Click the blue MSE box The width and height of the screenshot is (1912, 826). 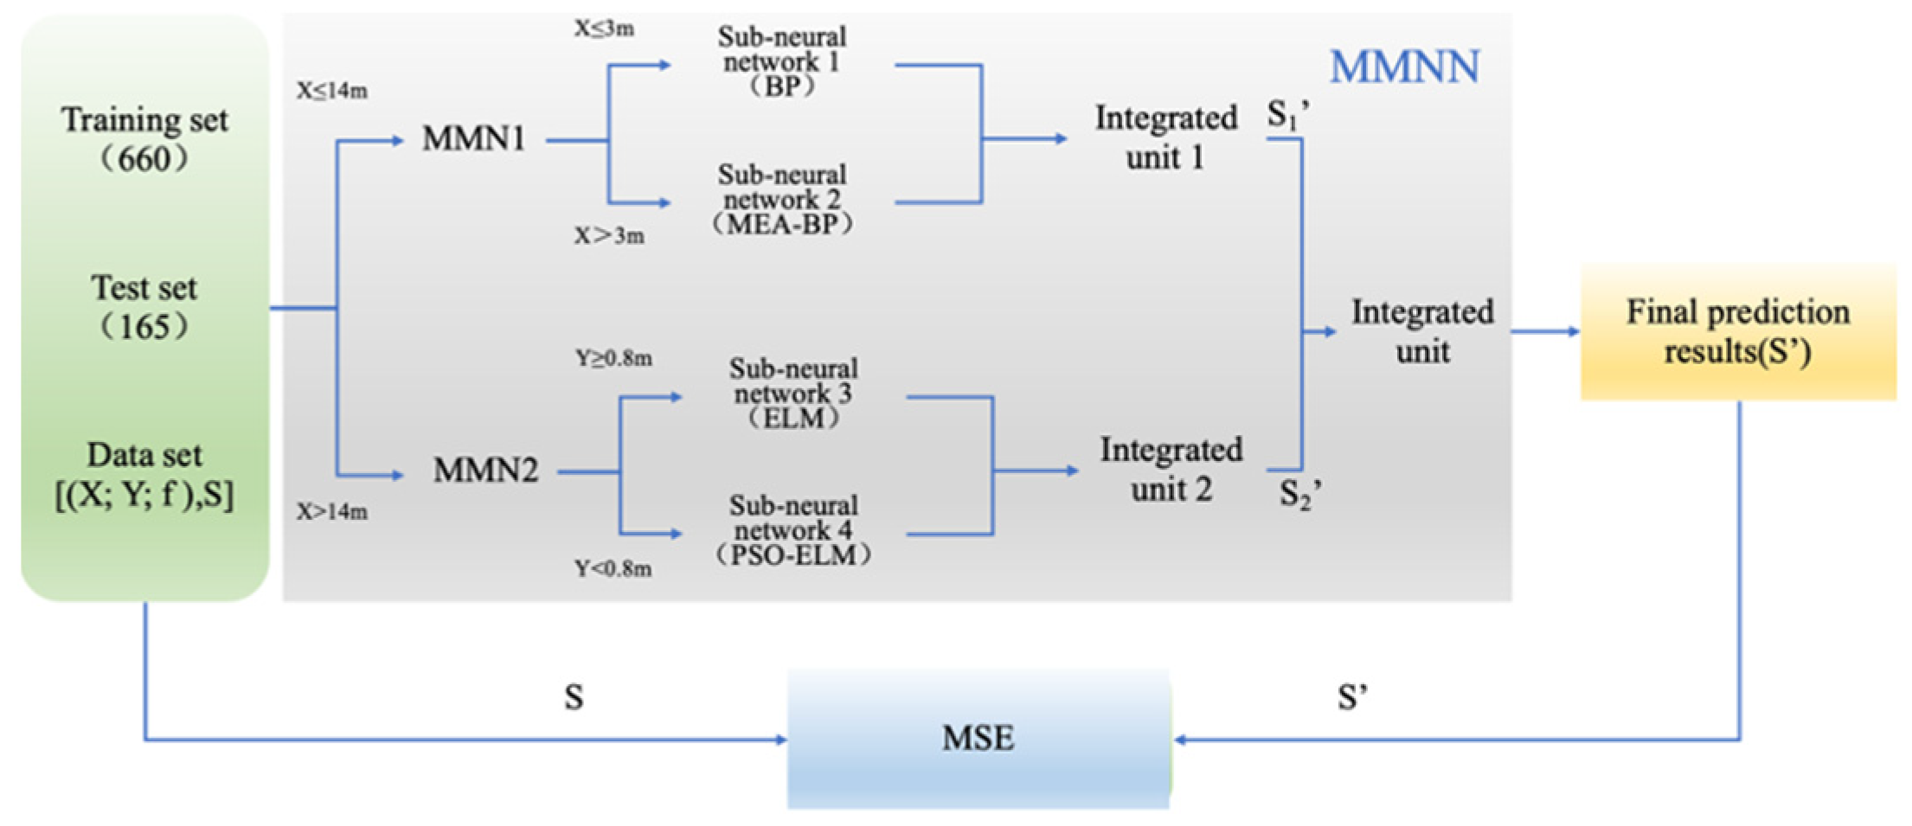click(x=978, y=739)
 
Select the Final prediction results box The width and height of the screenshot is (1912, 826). click(x=1738, y=332)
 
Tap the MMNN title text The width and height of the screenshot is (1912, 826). click(x=1404, y=67)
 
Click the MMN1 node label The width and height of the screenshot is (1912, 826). click(x=473, y=139)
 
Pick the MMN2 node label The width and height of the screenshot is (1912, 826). click(x=485, y=471)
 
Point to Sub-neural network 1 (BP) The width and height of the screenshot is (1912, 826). click(x=782, y=61)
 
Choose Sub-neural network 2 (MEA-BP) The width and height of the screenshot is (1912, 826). click(x=782, y=200)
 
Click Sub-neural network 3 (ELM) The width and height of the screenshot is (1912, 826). click(x=793, y=394)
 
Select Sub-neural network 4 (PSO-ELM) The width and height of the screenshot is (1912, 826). click(x=793, y=530)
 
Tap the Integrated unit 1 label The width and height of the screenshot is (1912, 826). click(x=1165, y=138)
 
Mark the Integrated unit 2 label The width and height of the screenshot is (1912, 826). click(x=1171, y=470)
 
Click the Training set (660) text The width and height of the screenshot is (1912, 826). click(x=144, y=139)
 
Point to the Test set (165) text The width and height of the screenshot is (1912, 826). click(x=144, y=307)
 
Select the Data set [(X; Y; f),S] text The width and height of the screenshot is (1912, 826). click(x=144, y=475)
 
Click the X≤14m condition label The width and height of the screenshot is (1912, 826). click(x=332, y=91)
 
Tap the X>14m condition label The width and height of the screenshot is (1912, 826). click(x=332, y=512)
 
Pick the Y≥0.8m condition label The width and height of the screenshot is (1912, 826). click(x=613, y=358)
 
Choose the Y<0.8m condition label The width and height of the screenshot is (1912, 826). click(x=613, y=569)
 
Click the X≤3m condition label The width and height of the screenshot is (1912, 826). click(x=604, y=29)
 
